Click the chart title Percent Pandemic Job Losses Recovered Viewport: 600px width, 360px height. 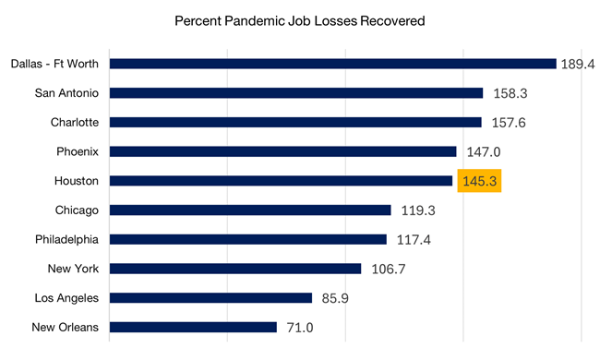(300, 20)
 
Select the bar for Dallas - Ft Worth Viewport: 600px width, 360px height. (332, 64)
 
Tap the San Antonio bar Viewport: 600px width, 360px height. (296, 93)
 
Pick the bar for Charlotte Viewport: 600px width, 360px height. (295, 122)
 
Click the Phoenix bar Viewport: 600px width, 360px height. (282, 151)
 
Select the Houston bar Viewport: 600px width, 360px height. (281, 181)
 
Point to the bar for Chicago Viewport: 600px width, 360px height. (250, 210)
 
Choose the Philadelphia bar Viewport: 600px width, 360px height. (247, 239)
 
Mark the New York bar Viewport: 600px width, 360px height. (235, 269)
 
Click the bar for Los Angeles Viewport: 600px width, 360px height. (210, 298)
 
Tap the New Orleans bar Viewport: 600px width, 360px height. (193, 327)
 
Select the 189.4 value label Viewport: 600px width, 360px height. (579, 65)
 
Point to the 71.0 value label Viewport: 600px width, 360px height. (303, 328)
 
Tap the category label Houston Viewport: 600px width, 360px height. (77, 182)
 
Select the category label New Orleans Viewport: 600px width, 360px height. (66, 328)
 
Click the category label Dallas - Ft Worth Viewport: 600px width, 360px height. (54, 65)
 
